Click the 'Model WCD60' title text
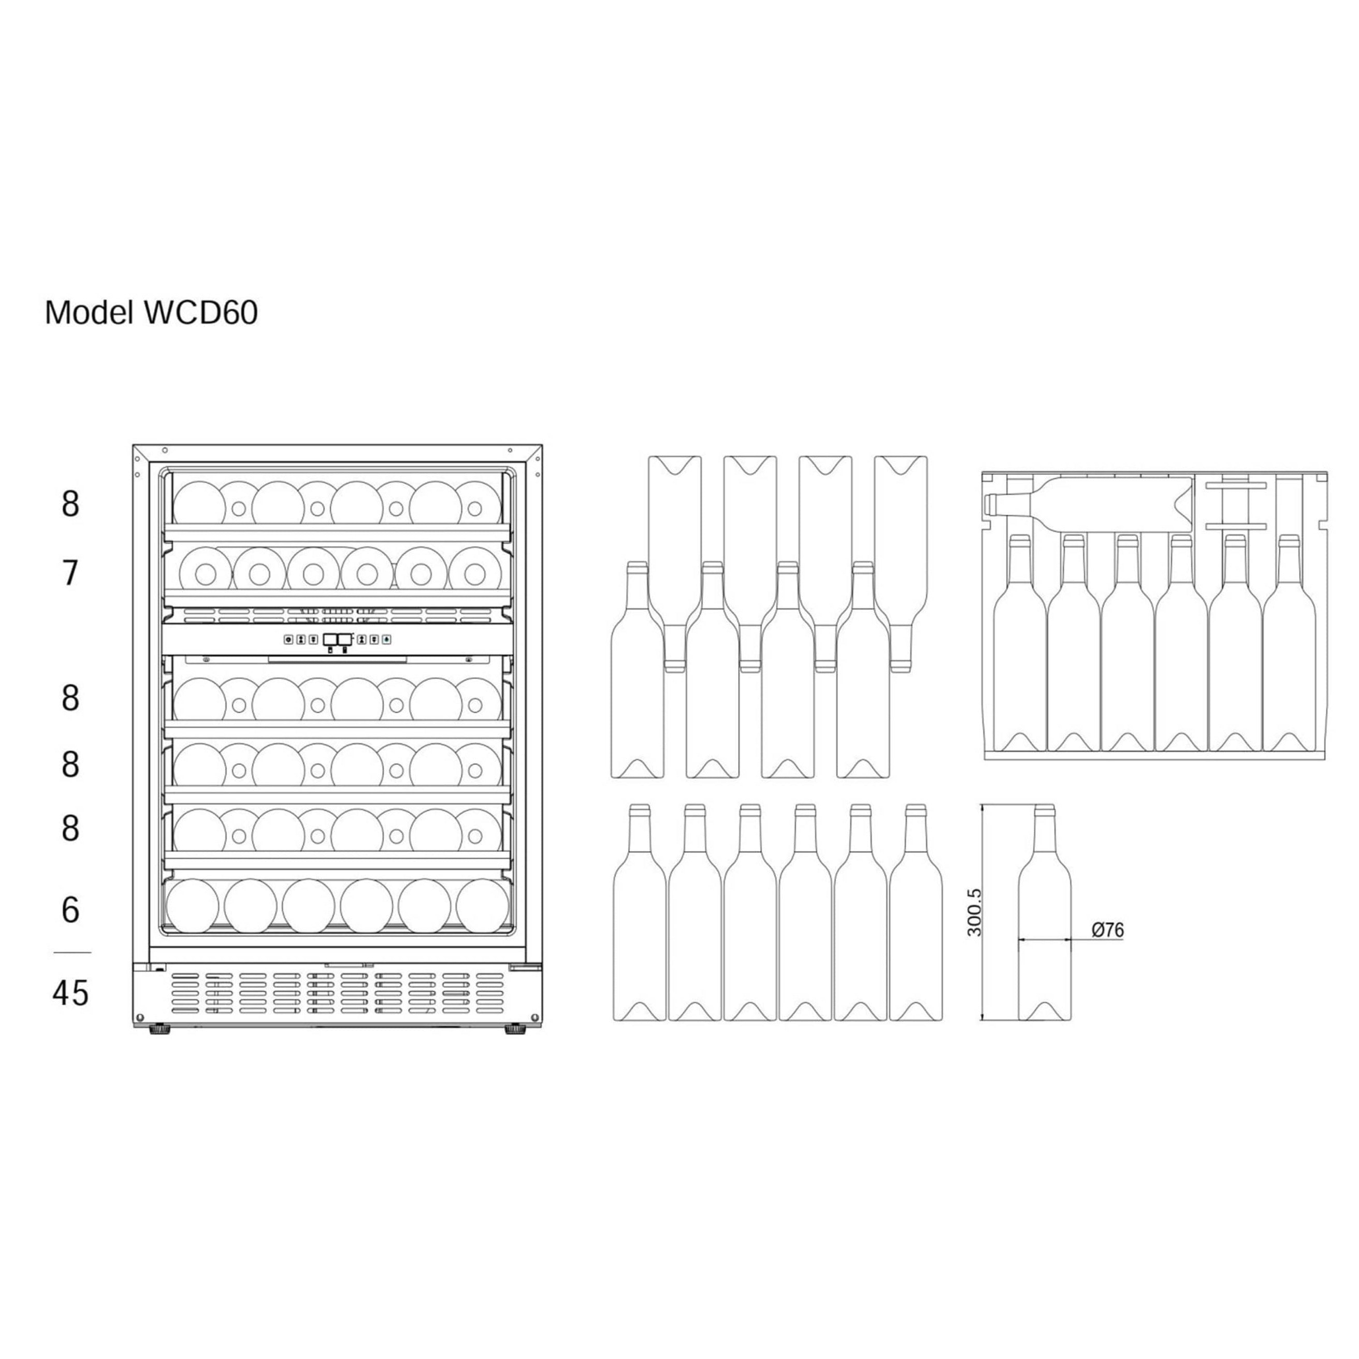[151, 313]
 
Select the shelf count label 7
[70, 573]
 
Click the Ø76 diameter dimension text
[1107, 930]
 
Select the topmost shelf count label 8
[70, 504]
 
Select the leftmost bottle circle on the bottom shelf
[192, 906]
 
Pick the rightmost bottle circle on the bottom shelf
[483, 906]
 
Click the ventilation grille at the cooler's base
[338, 993]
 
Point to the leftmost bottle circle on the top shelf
[199, 503]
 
